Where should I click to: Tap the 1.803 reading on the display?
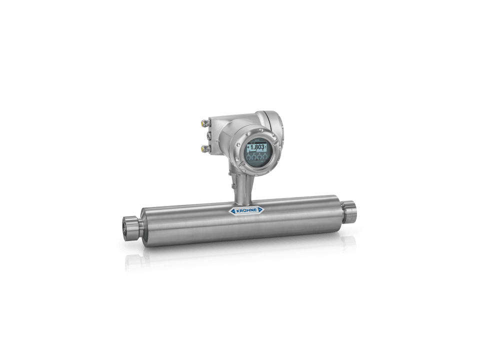pos(257,147)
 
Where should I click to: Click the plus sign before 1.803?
pos(247,147)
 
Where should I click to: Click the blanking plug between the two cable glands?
pos(205,135)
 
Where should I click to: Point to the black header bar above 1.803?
pos(256,142)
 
